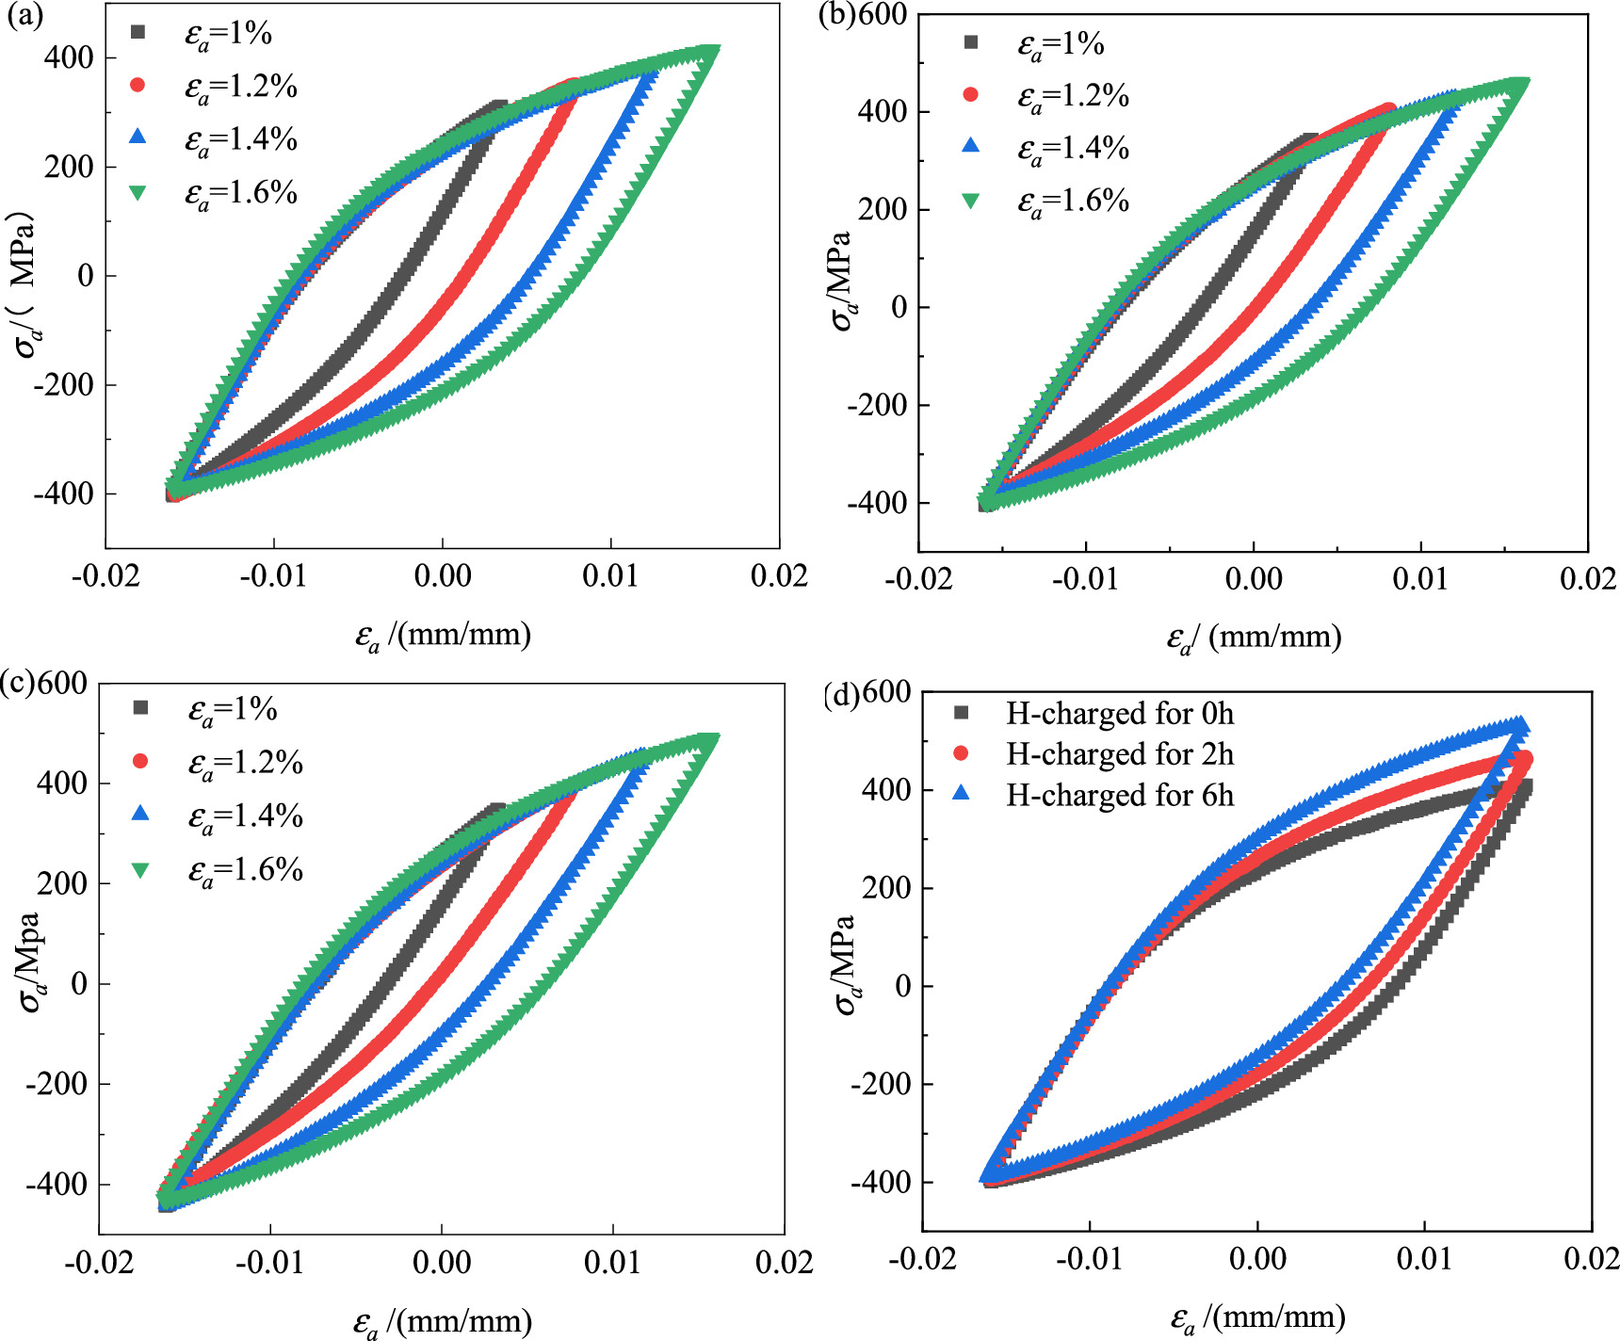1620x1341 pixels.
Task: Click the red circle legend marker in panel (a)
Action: pyautogui.click(x=138, y=86)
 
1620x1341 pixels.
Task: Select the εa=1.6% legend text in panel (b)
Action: pyautogui.click(x=1073, y=202)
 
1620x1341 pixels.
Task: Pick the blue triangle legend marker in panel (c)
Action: pyautogui.click(x=140, y=814)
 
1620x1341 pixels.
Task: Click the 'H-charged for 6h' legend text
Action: pyautogui.click(x=1119, y=796)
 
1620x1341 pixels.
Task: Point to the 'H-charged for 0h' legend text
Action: pyautogui.click(x=1119, y=714)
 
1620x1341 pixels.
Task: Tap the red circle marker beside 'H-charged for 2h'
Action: pyautogui.click(x=962, y=753)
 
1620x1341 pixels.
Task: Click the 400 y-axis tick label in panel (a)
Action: pyautogui.click(x=69, y=57)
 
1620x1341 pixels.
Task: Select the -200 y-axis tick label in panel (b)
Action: pyautogui.click(x=877, y=405)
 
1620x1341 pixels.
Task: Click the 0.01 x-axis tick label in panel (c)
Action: pyautogui.click(x=612, y=1262)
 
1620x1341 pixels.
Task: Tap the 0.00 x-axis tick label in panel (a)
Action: pyautogui.click(x=442, y=575)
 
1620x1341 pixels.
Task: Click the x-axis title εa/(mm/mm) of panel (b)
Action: pyautogui.click(x=1254, y=638)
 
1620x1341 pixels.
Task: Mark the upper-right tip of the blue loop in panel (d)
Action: pyautogui.click(x=1518, y=724)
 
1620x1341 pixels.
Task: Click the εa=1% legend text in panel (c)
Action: pyautogui.click(x=232, y=709)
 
